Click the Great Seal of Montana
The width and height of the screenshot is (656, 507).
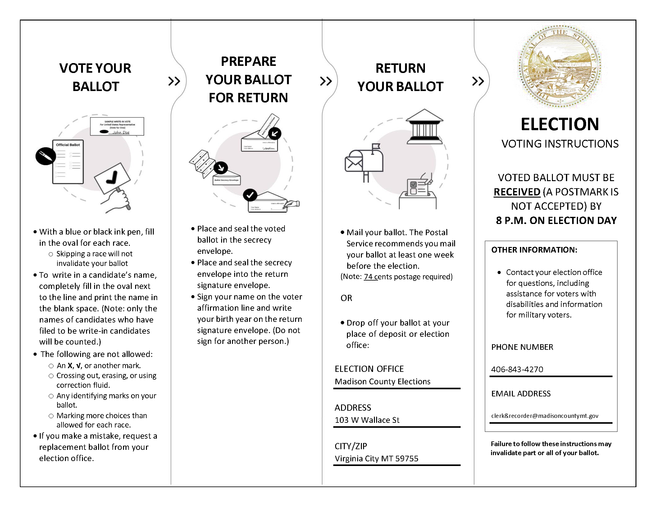[x=560, y=66]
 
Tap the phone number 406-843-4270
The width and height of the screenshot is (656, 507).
[x=517, y=369]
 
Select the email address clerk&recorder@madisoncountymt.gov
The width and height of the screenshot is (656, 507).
[x=544, y=416]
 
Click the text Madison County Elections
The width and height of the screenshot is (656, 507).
[x=382, y=381]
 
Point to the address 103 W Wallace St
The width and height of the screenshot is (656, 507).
[x=367, y=420]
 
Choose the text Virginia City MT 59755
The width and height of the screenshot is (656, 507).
[x=376, y=459]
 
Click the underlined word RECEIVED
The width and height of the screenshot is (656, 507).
[x=517, y=192]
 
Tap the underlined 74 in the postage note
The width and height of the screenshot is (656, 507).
[x=368, y=276]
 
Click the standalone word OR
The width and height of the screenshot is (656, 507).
[x=346, y=298]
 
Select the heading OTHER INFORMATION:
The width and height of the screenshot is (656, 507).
[x=534, y=250]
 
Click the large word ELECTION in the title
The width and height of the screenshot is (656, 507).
[x=560, y=124]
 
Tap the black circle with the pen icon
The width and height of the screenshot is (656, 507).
[x=46, y=156]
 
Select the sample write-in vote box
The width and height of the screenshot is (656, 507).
[x=117, y=126]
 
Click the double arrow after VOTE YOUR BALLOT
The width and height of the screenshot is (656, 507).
[x=174, y=81]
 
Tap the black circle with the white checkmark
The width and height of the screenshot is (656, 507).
[x=250, y=195]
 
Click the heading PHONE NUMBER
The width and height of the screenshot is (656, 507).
[x=522, y=347]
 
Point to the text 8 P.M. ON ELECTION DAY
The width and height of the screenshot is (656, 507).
[x=556, y=221]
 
